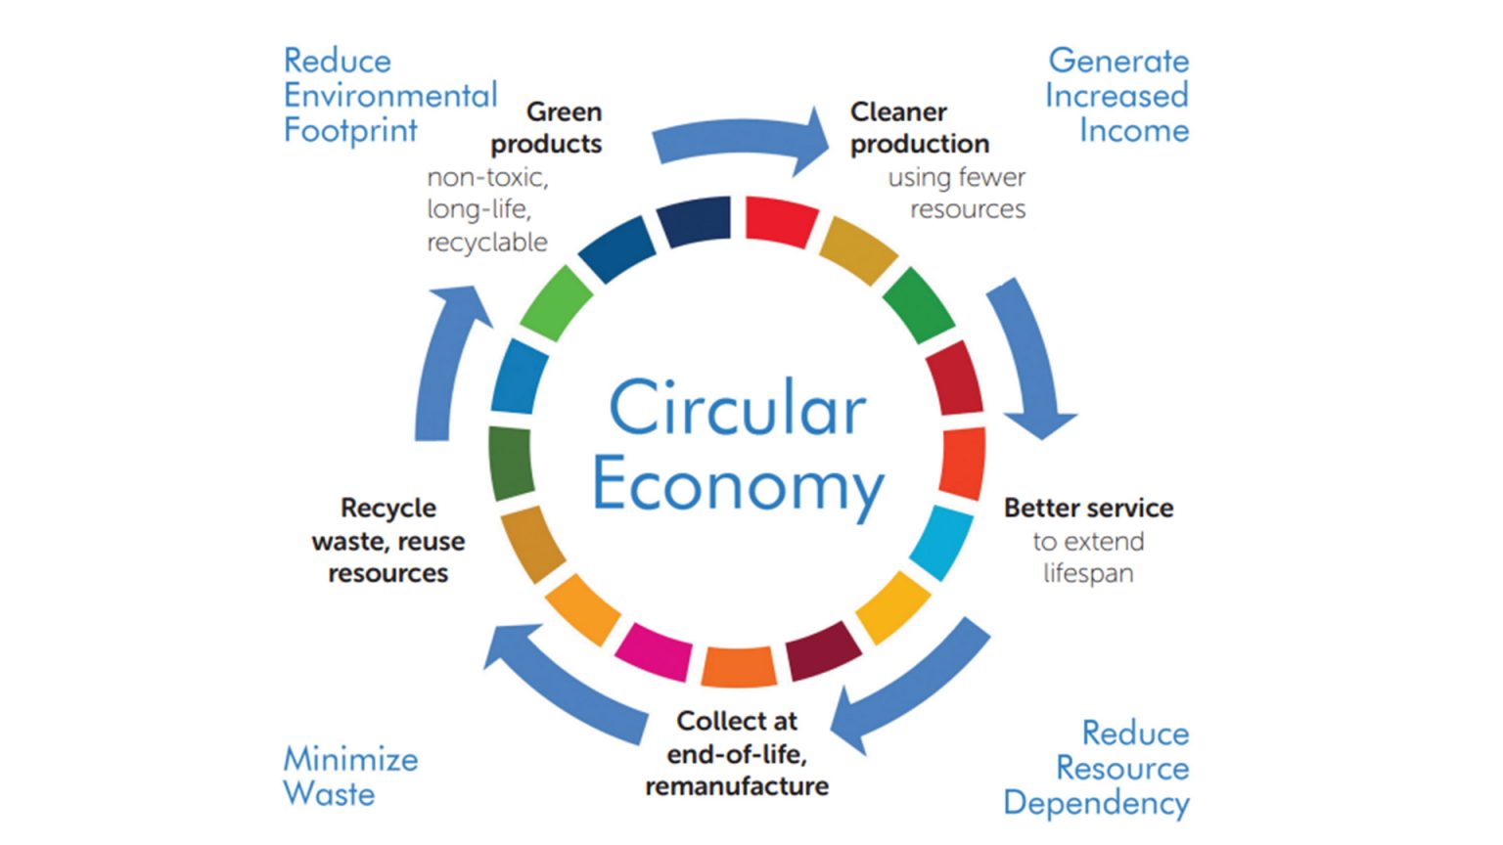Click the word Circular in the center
coord(738,407)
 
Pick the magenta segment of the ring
coord(654,651)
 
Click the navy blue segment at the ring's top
coord(694,220)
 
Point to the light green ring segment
coord(556,303)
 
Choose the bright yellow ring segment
coord(893,607)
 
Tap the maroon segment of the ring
coord(823,650)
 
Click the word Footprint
coord(350,130)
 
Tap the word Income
coord(1134,130)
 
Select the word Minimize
coord(350,760)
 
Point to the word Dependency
coord(1096,803)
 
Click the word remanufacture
coord(737,786)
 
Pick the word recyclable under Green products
coord(487,243)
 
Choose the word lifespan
coord(1088,574)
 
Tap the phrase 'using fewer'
coord(957,178)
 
